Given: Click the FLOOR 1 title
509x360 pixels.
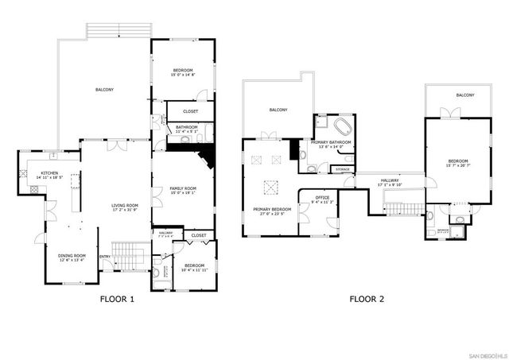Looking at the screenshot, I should click(117, 300).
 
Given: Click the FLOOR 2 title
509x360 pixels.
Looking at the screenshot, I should click(366, 300).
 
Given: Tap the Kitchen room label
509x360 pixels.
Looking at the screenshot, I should click(50, 174).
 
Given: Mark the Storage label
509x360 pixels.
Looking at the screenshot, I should click(342, 169).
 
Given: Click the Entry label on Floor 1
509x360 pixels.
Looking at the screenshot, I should click(105, 256).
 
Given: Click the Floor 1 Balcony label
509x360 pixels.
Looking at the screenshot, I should click(104, 90).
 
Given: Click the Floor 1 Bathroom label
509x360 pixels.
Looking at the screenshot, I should click(187, 129).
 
